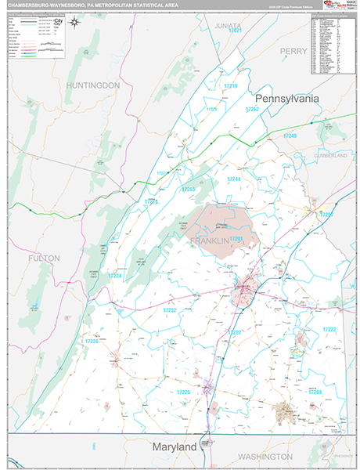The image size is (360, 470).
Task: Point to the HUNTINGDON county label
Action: (x=92, y=85)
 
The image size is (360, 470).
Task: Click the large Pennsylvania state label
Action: (x=286, y=99)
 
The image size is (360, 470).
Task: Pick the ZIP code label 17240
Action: (x=290, y=136)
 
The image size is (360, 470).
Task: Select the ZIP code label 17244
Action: (x=234, y=179)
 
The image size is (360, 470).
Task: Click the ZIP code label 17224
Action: (x=114, y=276)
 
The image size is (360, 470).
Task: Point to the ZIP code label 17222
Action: (x=329, y=329)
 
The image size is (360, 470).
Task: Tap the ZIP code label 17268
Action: (x=315, y=392)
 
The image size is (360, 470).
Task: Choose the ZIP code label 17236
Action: (x=91, y=342)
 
